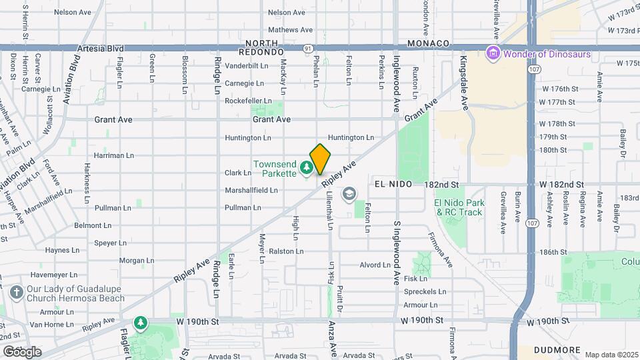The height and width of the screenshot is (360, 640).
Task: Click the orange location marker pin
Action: (x=320, y=159)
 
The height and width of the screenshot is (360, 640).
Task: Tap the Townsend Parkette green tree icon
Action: (x=307, y=167)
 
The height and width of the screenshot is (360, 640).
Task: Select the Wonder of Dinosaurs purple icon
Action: (x=493, y=53)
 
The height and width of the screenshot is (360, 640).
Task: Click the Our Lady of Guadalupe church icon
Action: (x=17, y=292)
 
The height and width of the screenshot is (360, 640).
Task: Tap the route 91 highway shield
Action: (x=307, y=49)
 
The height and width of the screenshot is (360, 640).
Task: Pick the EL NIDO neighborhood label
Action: (x=390, y=183)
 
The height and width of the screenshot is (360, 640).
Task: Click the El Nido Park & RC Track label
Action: (x=457, y=207)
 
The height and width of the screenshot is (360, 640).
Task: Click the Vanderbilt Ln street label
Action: (x=247, y=66)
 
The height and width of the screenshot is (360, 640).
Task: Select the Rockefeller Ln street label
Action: (x=248, y=101)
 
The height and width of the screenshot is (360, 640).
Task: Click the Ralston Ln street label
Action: (x=286, y=251)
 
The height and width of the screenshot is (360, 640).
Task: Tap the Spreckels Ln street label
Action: (x=425, y=291)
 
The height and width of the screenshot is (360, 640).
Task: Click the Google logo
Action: (x=22, y=351)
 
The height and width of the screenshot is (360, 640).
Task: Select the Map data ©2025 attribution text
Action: (x=610, y=354)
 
